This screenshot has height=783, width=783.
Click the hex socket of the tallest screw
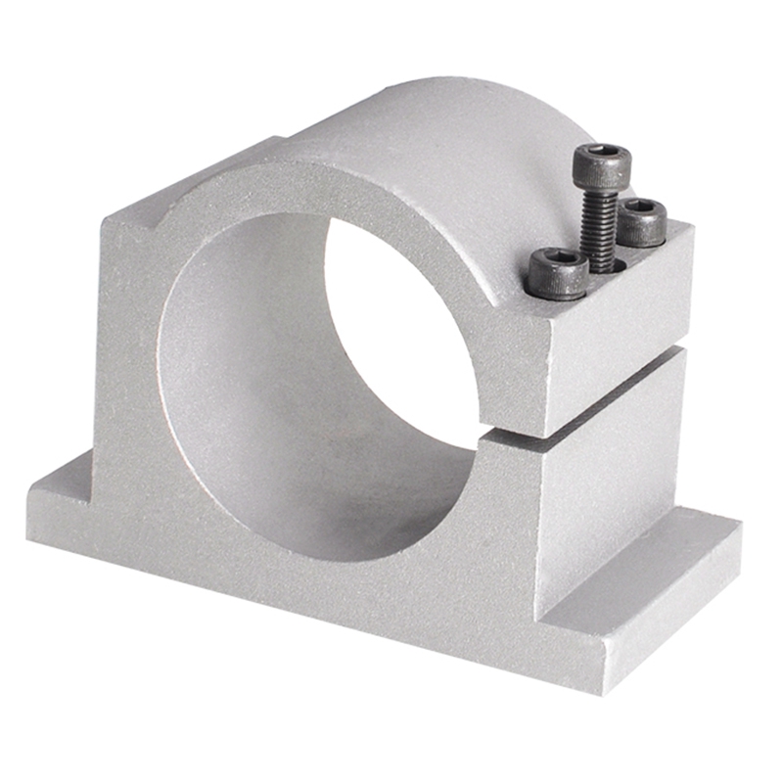tap(602, 157)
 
